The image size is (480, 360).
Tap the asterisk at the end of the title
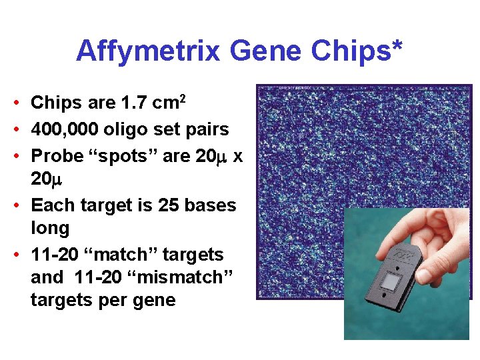click(397, 47)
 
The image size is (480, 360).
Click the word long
click(50, 229)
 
